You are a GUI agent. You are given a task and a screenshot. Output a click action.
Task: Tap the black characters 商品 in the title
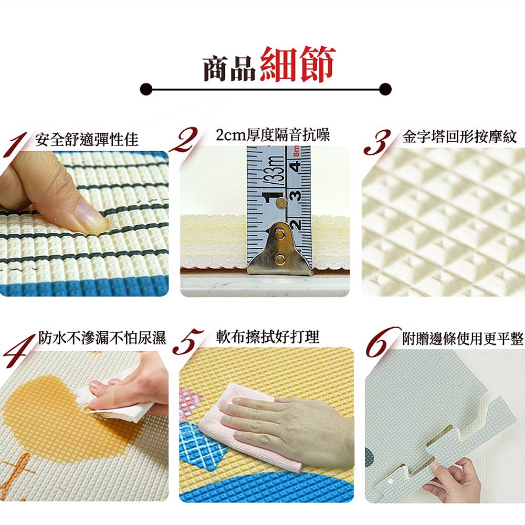(x=230, y=69)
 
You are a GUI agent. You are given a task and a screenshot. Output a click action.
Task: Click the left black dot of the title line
(x=146, y=89)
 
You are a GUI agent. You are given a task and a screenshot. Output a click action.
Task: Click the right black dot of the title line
(x=385, y=89)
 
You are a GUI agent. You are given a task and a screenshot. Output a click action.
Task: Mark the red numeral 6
(x=382, y=342)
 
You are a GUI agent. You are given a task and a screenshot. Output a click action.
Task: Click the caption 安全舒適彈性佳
(x=87, y=139)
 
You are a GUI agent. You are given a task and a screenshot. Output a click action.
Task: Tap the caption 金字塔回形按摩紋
(x=459, y=136)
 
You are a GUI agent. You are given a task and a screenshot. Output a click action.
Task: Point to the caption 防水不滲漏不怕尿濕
(x=102, y=338)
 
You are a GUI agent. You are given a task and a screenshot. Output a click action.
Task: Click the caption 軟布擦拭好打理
(x=268, y=337)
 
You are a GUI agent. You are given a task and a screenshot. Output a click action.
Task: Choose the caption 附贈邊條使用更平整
(x=463, y=339)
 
